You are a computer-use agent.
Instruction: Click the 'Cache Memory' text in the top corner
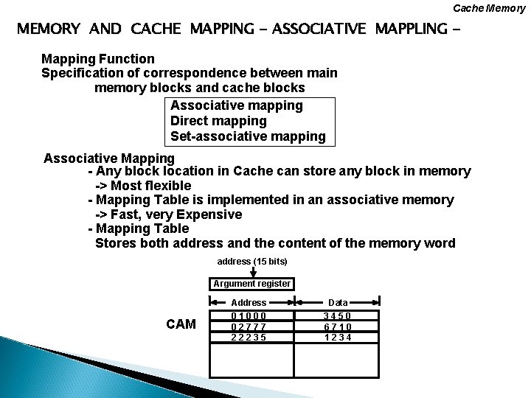click(490, 8)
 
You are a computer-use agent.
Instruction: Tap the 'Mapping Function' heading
click(98, 58)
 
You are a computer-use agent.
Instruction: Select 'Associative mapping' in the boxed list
click(236, 105)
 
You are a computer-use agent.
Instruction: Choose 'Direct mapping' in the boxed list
click(218, 121)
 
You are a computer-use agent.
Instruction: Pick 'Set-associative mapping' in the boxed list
click(247, 136)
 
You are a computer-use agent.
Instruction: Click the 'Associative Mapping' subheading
click(109, 158)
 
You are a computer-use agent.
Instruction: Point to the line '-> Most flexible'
click(143, 186)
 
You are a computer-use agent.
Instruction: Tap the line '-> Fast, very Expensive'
click(168, 214)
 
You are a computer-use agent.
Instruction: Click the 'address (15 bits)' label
click(252, 262)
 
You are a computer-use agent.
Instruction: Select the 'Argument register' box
click(252, 284)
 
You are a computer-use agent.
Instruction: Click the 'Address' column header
click(249, 302)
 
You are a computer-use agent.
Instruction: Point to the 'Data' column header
click(338, 302)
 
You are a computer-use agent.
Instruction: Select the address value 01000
click(249, 315)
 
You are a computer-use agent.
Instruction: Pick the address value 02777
click(249, 327)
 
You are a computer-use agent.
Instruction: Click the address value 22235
click(249, 338)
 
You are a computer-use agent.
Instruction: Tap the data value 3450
click(338, 315)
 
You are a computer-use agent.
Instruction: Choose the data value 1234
click(338, 338)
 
